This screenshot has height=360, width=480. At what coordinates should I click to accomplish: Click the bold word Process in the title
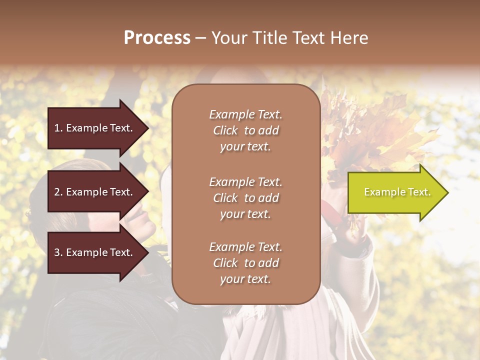(x=157, y=38)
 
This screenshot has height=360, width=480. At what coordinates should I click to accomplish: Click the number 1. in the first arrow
(x=58, y=128)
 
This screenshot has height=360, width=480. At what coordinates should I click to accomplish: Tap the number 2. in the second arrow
(x=58, y=192)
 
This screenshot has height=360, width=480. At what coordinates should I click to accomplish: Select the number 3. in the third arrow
(x=58, y=252)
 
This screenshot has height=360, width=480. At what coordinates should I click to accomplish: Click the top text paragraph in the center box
(x=245, y=130)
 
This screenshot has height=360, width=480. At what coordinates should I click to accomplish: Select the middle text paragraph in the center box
(x=245, y=198)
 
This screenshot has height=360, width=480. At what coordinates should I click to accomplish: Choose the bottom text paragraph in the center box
(x=245, y=263)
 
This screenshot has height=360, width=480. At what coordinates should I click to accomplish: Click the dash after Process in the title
(x=200, y=38)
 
